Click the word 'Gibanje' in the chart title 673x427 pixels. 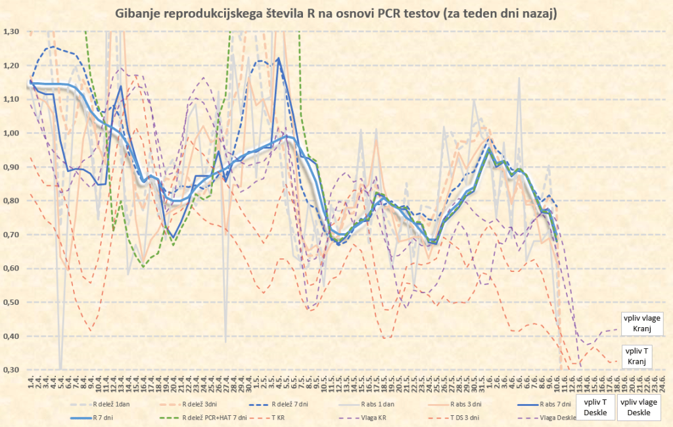click(137, 13)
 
